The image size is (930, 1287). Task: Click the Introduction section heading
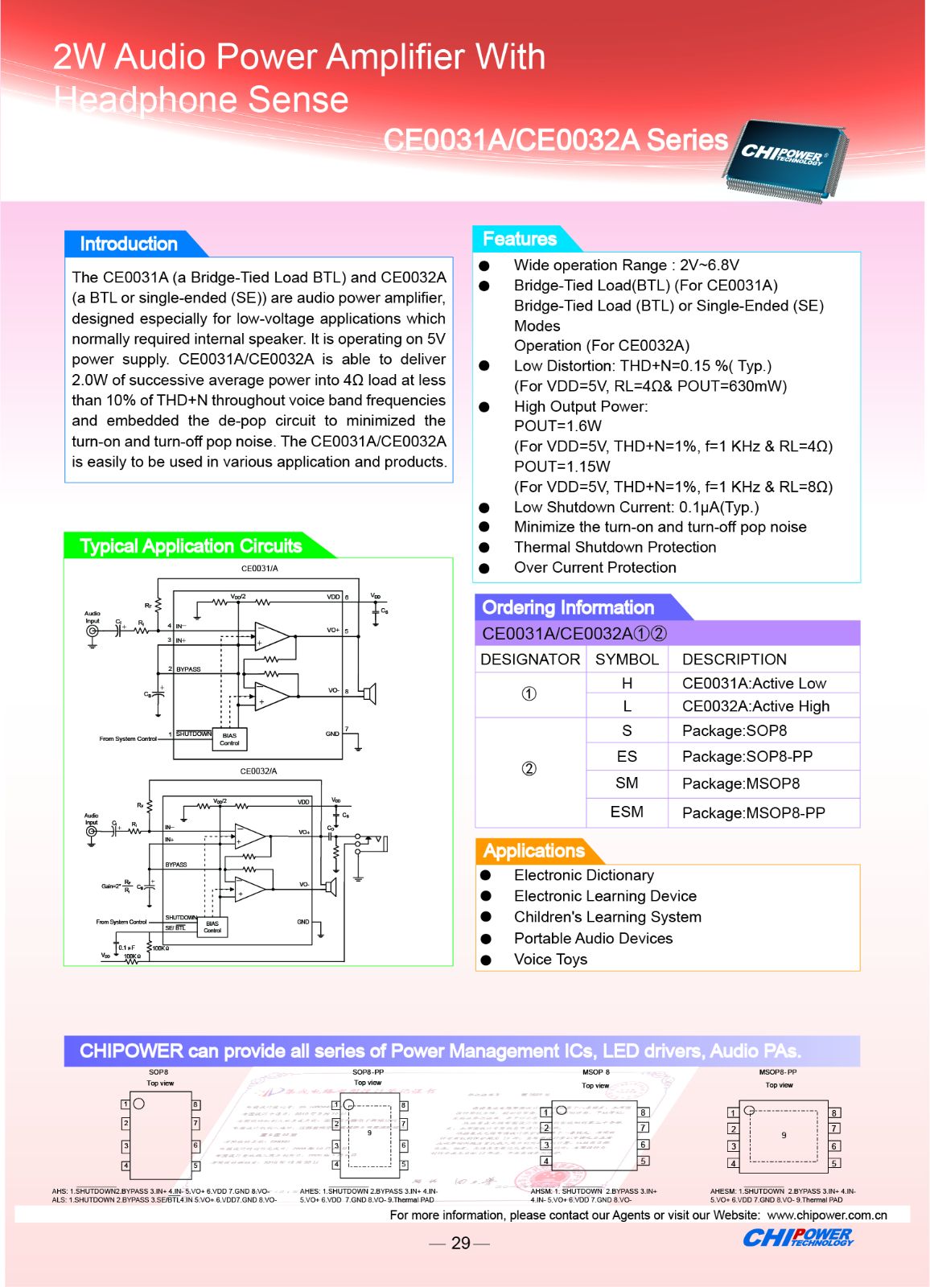click(129, 244)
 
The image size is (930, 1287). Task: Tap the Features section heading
click(520, 239)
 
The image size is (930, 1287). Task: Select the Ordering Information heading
click(568, 607)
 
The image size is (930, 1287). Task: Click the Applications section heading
click(534, 851)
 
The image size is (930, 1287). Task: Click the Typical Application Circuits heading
click(191, 546)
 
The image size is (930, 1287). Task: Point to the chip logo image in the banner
click(784, 157)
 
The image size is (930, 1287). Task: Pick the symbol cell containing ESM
click(627, 812)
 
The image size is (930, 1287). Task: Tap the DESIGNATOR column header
click(530, 660)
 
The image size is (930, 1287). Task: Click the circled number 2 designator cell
click(529, 768)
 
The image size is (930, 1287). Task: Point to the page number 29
click(460, 1243)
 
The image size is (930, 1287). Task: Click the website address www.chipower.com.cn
click(827, 1215)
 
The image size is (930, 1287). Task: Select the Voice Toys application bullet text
click(550, 959)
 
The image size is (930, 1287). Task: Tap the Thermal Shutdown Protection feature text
click(615, 547)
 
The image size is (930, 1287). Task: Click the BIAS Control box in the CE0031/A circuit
click(230, 739)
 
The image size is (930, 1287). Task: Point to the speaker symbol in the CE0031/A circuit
click(368, 693)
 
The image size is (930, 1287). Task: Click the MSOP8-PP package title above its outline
click(778, 1072)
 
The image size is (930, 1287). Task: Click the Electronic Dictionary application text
click(583, 875)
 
